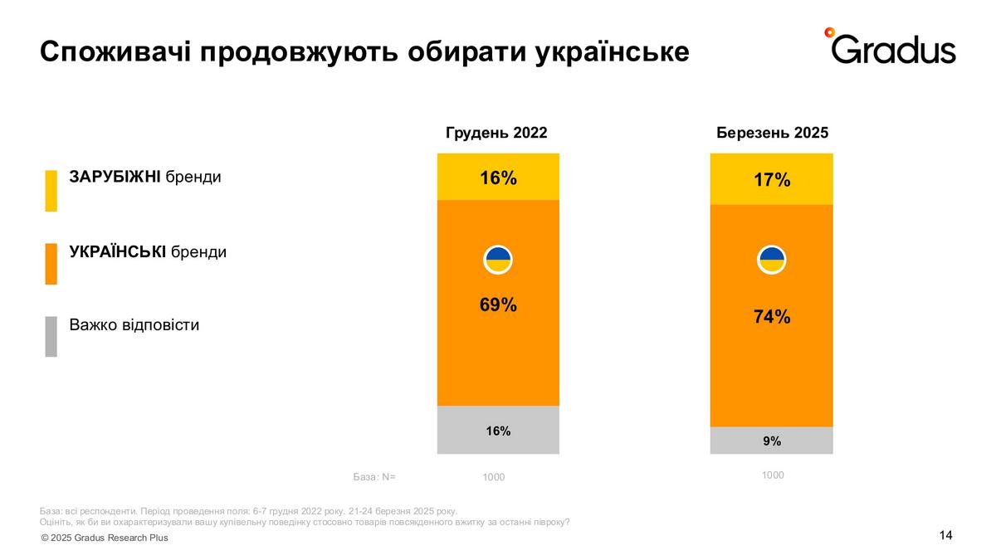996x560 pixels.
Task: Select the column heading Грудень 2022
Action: [x=496, y=133]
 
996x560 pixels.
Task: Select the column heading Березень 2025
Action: [x=772, y=133]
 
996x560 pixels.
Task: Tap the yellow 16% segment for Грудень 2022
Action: [x=498, y=177]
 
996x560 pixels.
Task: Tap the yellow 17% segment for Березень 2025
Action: [x=772, y=179]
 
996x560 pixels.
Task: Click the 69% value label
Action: [x=498, y=304]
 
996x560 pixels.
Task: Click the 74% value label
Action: [x=772, y=316]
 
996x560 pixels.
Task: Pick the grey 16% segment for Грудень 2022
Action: [x=498, y=431]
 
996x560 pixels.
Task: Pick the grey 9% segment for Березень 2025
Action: [x=772, y=441]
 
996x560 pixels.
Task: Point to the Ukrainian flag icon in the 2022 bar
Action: [x=498, y=260]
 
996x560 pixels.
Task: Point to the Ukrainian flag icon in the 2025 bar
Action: [x=772, y=260]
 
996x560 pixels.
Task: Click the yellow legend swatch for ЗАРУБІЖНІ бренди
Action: [x=51, y=191]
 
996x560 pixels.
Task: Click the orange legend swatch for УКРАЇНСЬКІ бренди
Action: [x=51, y=264]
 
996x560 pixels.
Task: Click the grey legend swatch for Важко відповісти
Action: [x=51, y=336]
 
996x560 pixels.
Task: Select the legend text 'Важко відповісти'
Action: [x=134, y=324]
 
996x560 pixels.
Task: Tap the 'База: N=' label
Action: [x=374, y=477]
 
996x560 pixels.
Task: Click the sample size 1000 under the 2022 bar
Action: [x=493, y=477]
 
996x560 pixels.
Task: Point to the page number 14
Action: [x=945, y=535]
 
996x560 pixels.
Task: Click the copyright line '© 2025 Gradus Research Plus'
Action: [x=105, y=538]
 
